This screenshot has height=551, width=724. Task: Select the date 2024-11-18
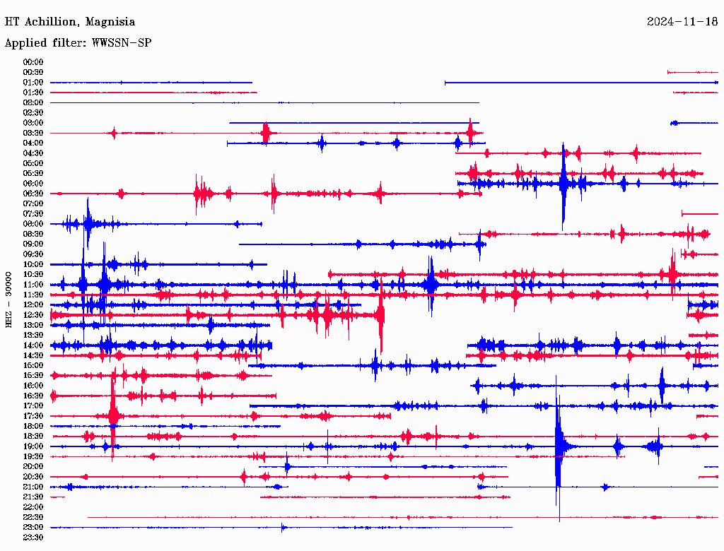point(682,22)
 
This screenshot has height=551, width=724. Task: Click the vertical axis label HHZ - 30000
point(9,299)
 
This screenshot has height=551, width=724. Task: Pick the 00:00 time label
point(33,62)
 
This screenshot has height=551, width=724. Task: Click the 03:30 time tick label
point(33,133)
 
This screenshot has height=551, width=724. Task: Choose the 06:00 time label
point(33,184)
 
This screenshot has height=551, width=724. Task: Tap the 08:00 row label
point(33,224)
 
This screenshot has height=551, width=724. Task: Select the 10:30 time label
point(33,274)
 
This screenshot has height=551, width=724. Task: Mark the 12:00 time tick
point(33,304)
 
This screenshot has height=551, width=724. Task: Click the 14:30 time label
point(33,355)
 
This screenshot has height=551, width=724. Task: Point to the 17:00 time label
point(33,405)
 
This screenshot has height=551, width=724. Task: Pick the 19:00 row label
point(33,446)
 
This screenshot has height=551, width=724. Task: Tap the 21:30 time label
point(33,497)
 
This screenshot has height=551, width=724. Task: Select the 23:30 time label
point(33,538)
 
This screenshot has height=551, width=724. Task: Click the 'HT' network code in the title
point(11,22)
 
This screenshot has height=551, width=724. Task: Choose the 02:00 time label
point(33,102)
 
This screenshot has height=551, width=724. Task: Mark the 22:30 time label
point(33,517)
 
